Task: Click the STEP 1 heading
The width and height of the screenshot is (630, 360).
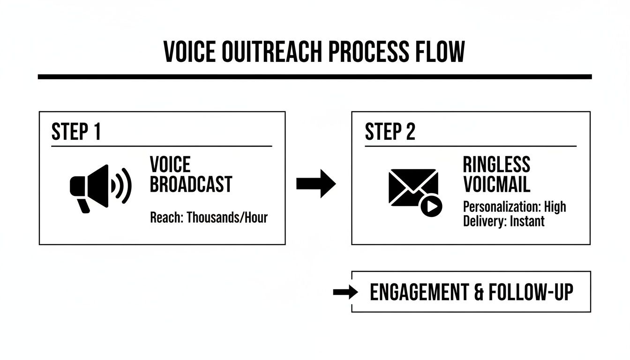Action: [76, 132]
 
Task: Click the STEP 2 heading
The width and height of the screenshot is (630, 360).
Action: [390, 132]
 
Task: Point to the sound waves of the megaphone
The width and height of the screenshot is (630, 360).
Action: [122, 186]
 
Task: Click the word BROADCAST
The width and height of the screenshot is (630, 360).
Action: [191, 184]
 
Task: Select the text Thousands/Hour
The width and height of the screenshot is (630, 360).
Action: [227, 217]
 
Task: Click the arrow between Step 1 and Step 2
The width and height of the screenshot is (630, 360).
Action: [316, 184]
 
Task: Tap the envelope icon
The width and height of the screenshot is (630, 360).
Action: [412, 187]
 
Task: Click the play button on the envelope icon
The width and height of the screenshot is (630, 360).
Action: [431, 206]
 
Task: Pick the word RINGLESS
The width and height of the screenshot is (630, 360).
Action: [496, 165]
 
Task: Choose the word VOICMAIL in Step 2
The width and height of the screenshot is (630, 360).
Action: [496, 184]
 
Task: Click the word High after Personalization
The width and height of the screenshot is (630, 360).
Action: [555, 207]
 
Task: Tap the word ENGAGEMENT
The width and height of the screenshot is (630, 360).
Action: [419, 292]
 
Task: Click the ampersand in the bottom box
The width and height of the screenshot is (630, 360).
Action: [478, 292]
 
